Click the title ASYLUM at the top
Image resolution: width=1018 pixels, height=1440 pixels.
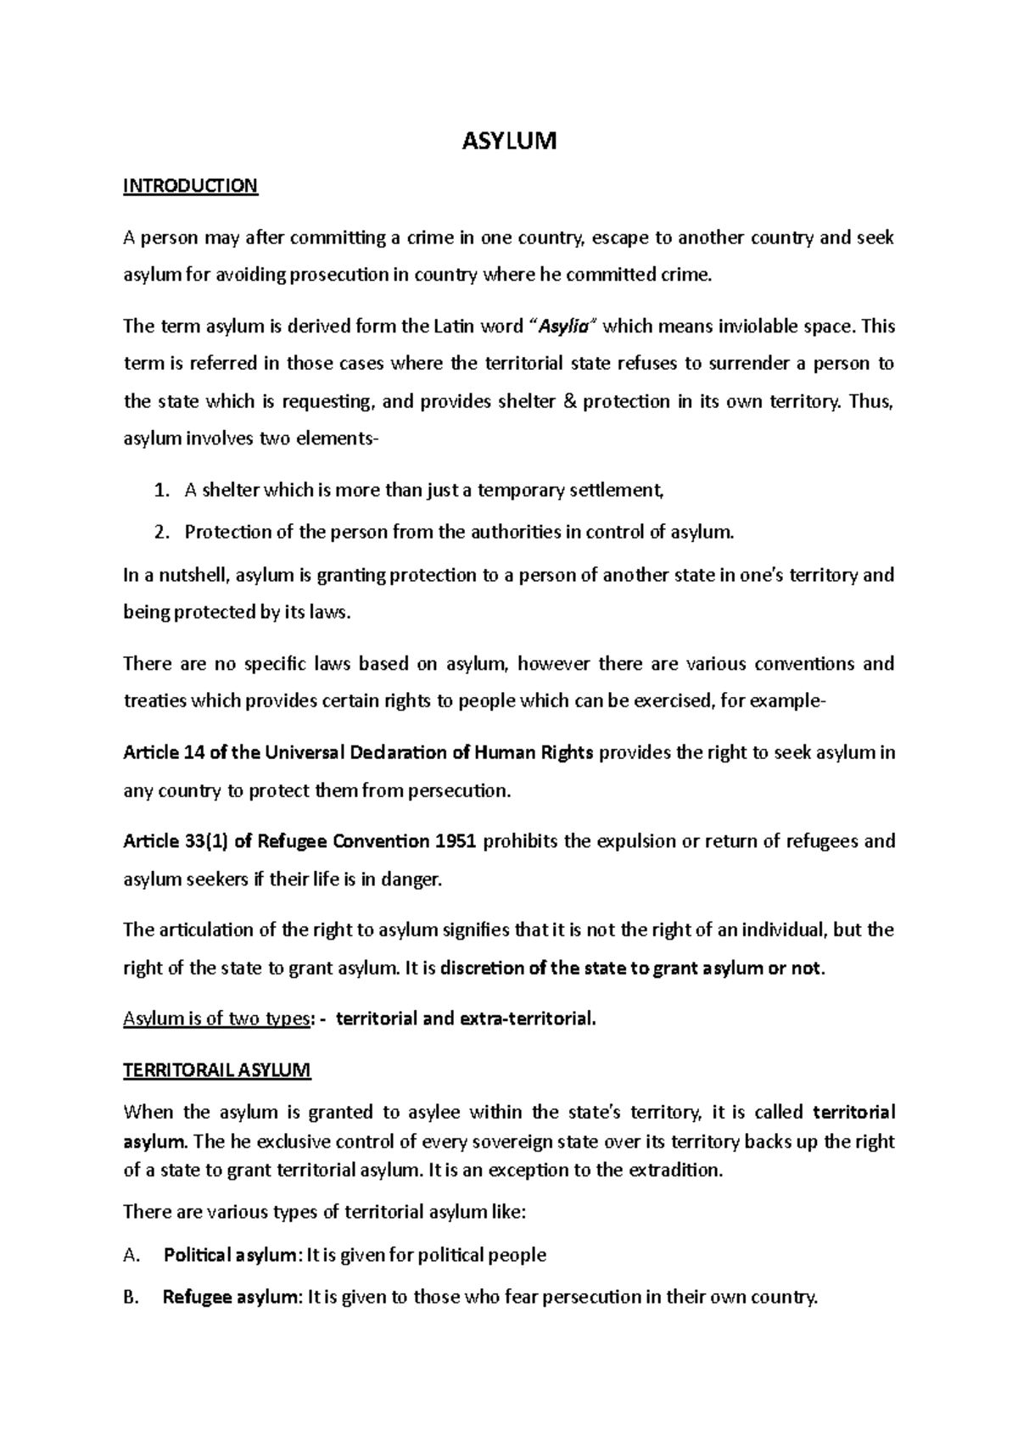(508, 141)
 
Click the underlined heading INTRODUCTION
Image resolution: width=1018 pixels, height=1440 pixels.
(190, 186)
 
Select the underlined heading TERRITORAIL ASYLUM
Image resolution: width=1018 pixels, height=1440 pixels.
(217, 1070)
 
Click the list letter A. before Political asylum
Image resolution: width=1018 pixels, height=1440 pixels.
(131, 1255)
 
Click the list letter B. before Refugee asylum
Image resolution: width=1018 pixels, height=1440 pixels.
(131, 1298)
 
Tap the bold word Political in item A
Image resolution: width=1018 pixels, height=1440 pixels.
(197, 1255)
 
